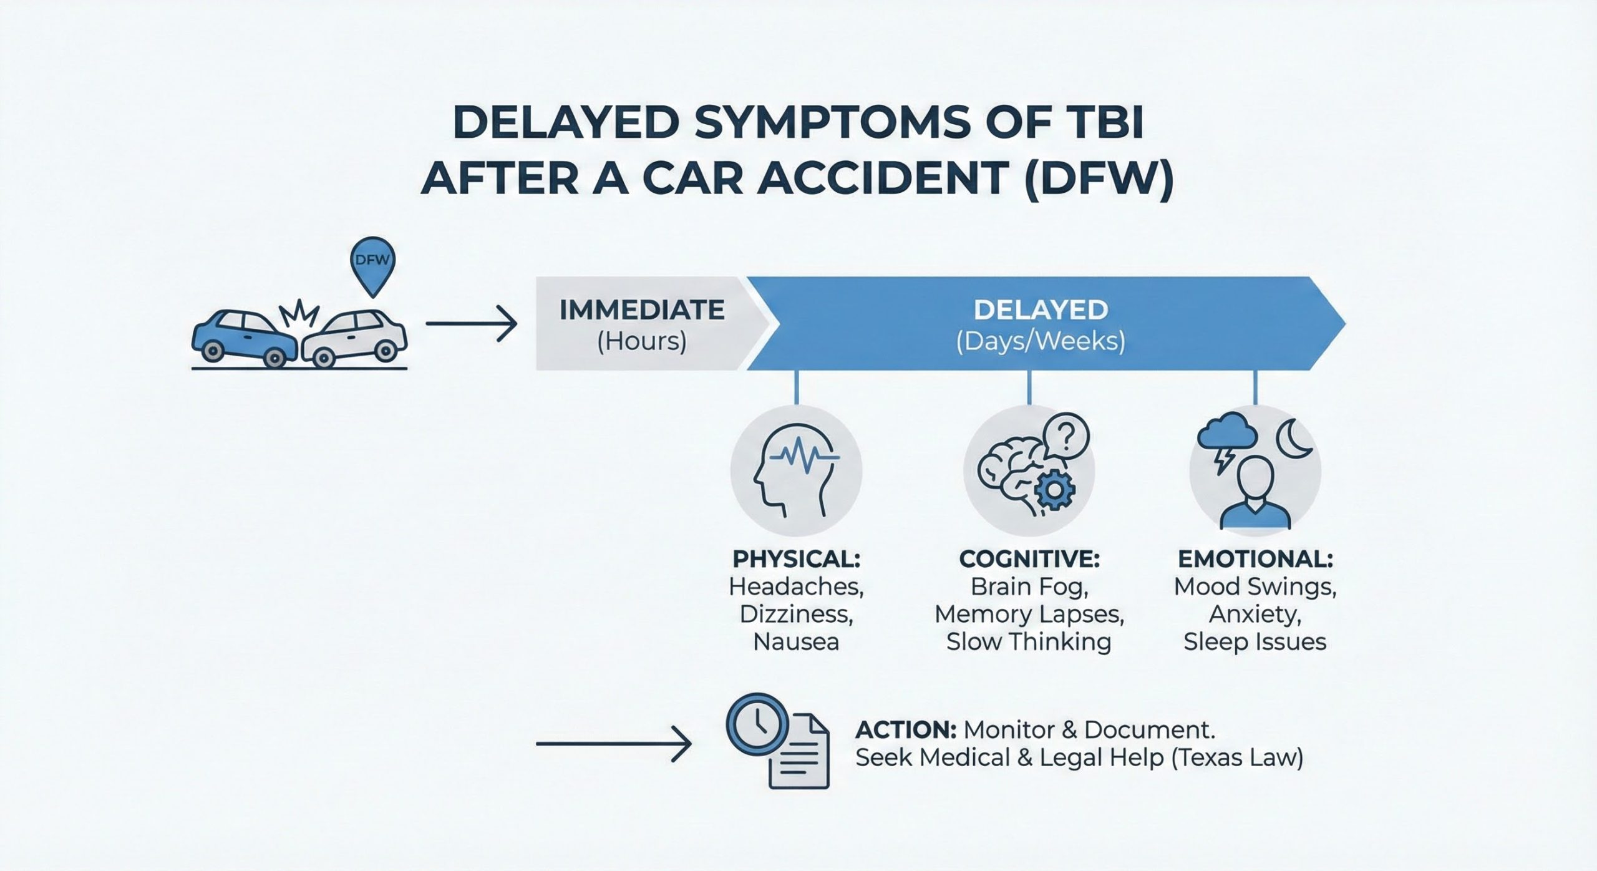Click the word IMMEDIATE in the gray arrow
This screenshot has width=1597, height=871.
tap(642, 310)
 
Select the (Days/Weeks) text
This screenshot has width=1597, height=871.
tap(1040, 342)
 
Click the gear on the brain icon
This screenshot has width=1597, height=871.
tap(1054, 489)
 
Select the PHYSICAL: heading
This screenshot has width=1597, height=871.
tap(796, 559)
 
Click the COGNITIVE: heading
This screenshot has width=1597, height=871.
tap(1029, 559)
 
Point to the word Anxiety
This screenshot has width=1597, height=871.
tap(1255, 615)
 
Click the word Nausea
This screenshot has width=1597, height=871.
tap(796, 642)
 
